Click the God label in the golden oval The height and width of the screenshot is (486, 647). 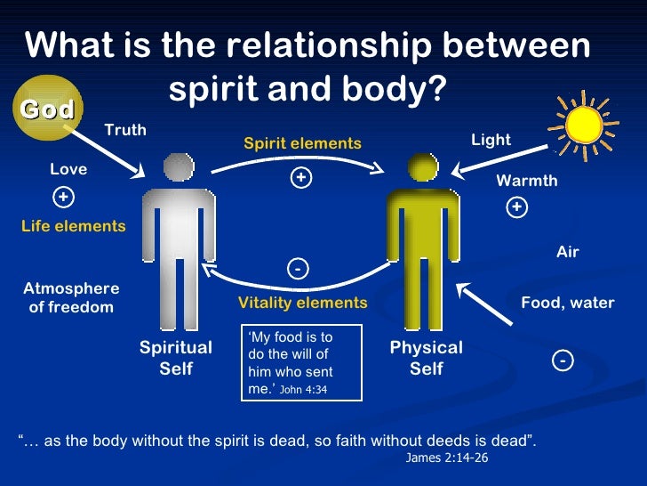(x=47, y=109)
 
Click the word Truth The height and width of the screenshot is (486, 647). (x=125, y=130)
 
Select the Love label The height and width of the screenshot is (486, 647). (x=68, y=169)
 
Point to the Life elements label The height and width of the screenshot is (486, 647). (x=74, y=226)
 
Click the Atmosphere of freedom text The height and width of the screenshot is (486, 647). (x=71, y=298)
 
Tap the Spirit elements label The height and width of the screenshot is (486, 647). (x=302, y=143)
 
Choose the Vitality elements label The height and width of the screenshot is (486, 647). (x=302, y=303)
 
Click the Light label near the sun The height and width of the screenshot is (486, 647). (x=491, y=140)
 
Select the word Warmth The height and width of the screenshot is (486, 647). (x=527, y=181)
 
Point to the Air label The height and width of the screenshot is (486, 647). (x=567, y=252)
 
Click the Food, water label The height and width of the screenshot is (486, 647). (x=567, y=303)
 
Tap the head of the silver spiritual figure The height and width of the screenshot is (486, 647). (x=179, y=166)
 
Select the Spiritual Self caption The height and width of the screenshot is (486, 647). (x=176, y=358)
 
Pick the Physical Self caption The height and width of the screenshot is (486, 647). (x=427, y=358)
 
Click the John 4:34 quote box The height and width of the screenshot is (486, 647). (x=302, y=362)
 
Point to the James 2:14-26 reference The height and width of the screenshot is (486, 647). (x=447, y=458)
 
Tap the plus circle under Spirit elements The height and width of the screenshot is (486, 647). (x=301, y=178)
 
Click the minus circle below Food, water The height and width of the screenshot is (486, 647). (x=563, y=360)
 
